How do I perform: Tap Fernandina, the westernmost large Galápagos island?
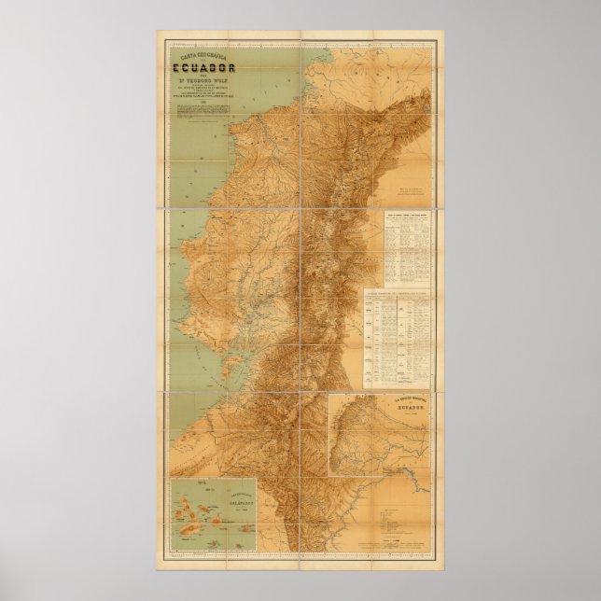coord(177,505)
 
